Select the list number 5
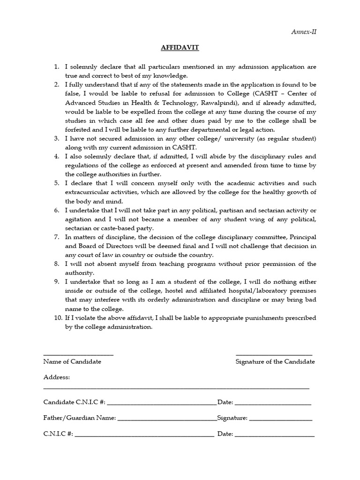coord(57,183)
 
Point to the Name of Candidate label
coord(72,361)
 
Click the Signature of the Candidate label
coord(275,361)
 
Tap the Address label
coord(57,377)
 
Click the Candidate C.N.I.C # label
coord(75,402)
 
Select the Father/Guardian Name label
coord(79,418)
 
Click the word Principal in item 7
coord(300,237)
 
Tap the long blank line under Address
coord(176,388)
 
